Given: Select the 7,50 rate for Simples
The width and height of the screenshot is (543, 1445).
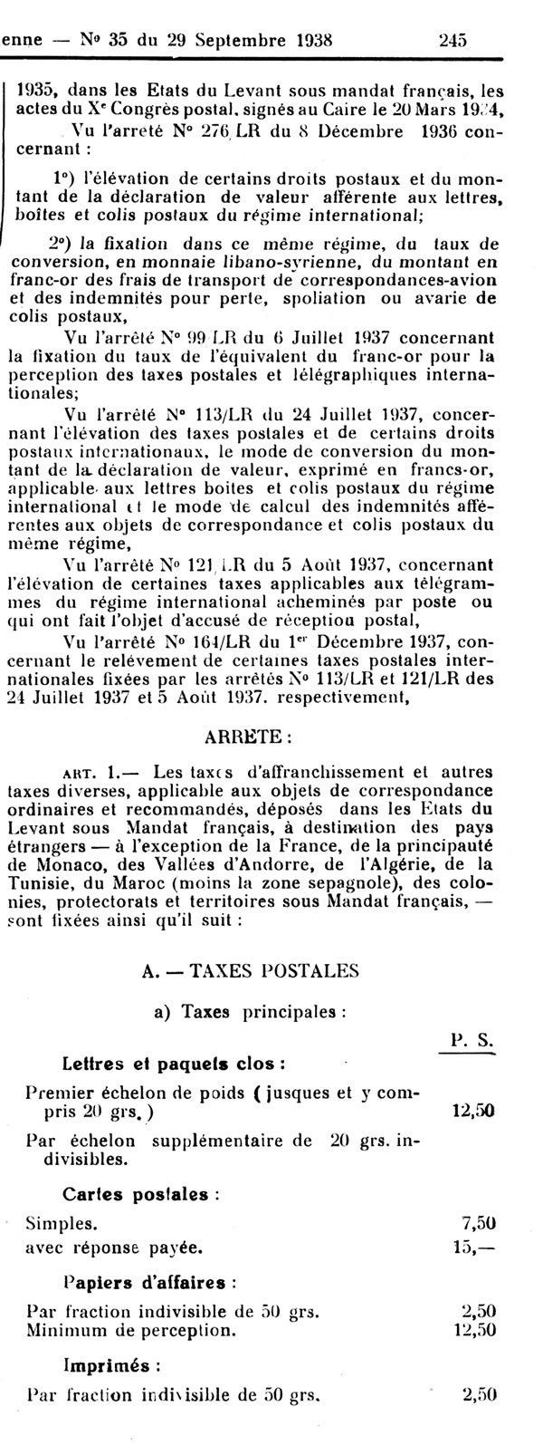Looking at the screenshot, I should (478, 1223).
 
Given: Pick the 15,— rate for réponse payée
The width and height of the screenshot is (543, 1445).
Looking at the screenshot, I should (478, 1247).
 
